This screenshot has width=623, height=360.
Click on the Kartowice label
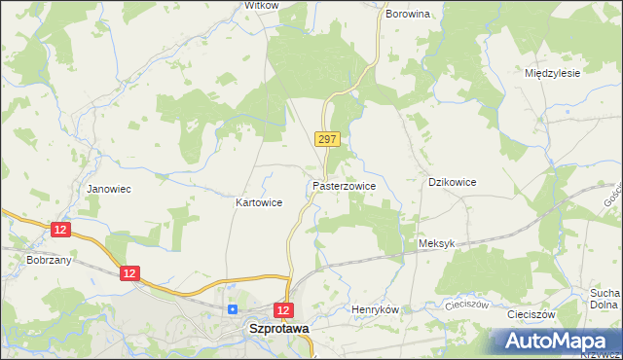[259, 203]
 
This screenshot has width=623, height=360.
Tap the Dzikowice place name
[453, 182]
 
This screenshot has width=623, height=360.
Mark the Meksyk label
[435, 244]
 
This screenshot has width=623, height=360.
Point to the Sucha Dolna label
[605, 299]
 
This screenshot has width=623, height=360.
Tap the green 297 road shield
[327, 140]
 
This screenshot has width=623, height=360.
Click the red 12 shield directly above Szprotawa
[283, 309]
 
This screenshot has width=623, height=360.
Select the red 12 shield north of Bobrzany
[61, 229]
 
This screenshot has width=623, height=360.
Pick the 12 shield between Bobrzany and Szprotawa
[130, 274]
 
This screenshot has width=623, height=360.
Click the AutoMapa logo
[555, 342]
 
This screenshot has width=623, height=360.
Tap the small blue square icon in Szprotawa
[233, 309]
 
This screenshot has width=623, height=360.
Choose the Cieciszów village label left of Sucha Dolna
[531, 315]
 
